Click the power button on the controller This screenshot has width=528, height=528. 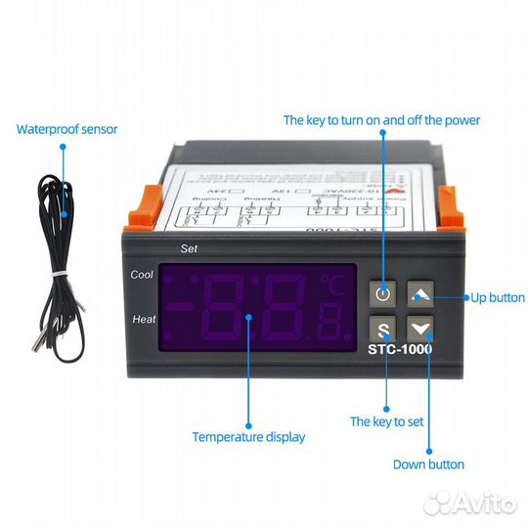coord(383,292)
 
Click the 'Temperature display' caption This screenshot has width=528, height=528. coord(248,437)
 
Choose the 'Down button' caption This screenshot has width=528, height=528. coord(428,464)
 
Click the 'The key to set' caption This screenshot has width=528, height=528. coord(387,421)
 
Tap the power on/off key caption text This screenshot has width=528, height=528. coord(381,119)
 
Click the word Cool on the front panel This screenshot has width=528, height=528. coord(142,275)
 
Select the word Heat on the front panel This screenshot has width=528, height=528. coord(143,320)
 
